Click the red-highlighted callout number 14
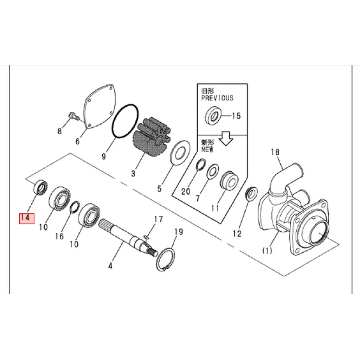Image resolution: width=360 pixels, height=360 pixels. point(26,218)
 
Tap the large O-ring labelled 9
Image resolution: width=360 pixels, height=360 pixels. point(125,121)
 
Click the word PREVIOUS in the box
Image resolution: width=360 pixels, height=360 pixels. point(217,98)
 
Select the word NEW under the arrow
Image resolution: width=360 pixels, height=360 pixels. point(207,149)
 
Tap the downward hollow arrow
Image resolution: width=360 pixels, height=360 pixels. point(226,139)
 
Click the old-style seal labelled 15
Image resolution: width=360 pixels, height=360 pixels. point(213,116)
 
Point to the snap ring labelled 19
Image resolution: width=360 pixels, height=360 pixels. point(165,259)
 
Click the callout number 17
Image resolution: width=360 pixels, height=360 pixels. point(158,219)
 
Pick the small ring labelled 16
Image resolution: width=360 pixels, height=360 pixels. point(74,207)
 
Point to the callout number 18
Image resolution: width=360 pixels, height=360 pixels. point(275,152)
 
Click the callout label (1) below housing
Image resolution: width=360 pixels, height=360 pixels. point(267,250)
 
